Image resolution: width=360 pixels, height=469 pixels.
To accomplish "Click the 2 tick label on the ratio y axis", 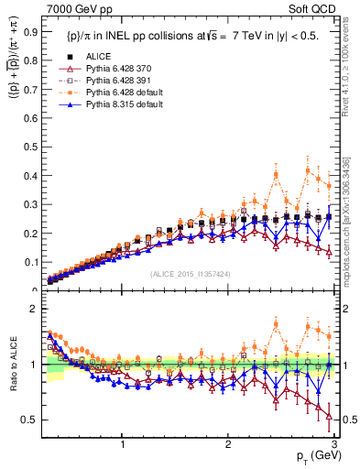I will pyautogui.click(x=33, y=309).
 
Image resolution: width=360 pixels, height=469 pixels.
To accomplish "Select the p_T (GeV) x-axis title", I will pyautogui.click(x=311, y=457).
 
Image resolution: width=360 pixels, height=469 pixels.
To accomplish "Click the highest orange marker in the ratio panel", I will pyautogui.click(x=277, y=323).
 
